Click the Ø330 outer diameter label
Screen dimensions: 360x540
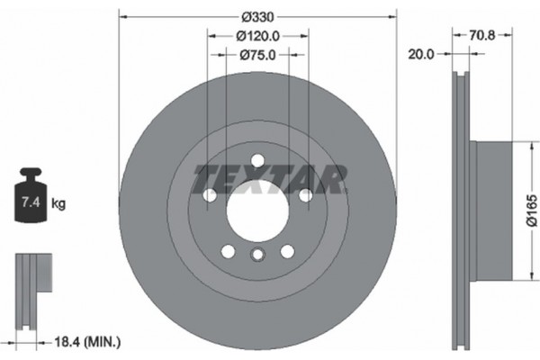(257, 17)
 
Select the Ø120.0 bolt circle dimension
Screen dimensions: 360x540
(257, 36)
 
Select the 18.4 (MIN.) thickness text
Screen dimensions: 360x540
(87, 342)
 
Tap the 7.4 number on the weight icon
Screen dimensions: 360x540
(29, 204)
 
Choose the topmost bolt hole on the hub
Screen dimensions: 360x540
(257, 160)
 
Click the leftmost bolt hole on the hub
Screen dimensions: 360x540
(210, 194)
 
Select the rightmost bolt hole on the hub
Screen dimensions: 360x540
(305, 194)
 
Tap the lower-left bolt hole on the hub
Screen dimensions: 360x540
(228, 251)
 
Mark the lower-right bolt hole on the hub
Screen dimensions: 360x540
(287, 251)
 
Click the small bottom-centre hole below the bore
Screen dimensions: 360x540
(257, 256)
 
